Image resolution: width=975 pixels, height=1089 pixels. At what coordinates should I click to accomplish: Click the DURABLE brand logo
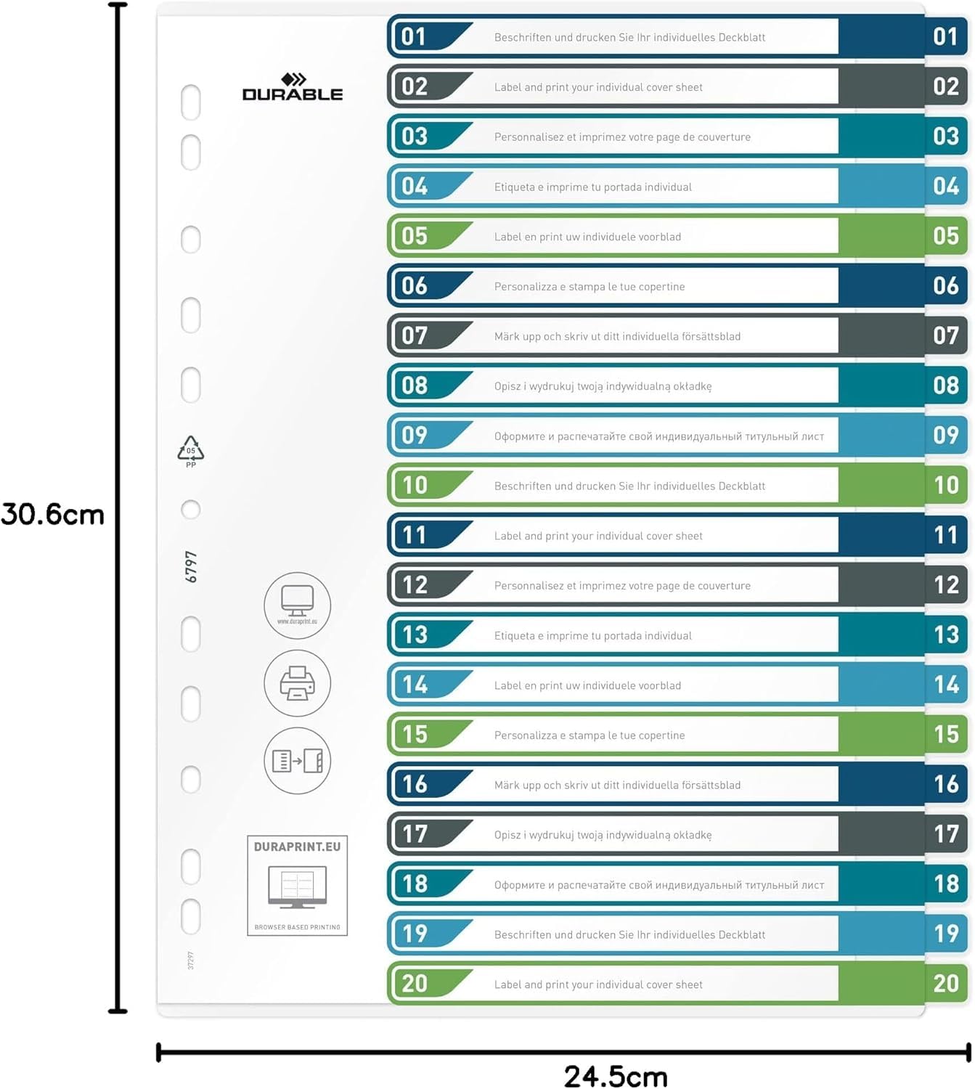tap(293, 88)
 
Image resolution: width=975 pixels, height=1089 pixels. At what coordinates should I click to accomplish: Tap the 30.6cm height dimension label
tap(53, 515)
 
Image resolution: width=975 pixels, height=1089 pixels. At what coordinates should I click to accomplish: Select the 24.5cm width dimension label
tap(616, 1076)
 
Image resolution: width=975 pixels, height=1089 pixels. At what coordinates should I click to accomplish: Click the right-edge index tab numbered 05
tap(946, 236)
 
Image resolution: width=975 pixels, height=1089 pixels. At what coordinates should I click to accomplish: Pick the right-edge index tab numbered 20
tap(946, 984)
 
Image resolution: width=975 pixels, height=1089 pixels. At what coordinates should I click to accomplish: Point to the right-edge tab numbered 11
tap(946, 536)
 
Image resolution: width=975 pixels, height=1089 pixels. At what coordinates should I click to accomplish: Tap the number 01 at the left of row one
tap(414, 37)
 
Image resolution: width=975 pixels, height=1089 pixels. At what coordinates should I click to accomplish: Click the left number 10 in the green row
tap(415, 486)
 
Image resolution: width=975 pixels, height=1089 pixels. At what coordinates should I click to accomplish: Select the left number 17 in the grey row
tap(415, 834)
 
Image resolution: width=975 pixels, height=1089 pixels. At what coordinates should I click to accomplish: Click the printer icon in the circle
tap(297, 683)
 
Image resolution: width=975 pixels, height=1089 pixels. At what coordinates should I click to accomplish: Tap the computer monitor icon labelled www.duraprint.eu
tap(297, 605)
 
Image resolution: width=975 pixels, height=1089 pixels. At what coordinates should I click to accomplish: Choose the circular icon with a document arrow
tap(297, 761)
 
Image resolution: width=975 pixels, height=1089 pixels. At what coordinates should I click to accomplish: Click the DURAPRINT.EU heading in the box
tap(297, 847)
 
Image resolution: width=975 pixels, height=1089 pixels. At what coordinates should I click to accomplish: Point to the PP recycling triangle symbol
tap(191, 451)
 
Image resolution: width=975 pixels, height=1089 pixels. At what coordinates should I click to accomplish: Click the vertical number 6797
tap(191, 567)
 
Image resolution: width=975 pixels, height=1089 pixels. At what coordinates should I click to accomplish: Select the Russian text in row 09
tap(658, 436)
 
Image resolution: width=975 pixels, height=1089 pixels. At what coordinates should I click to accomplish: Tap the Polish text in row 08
tap(603, 386)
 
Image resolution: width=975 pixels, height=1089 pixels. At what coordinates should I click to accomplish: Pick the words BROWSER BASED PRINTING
tap(297, 927)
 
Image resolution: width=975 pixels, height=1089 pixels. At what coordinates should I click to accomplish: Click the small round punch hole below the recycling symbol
tap(191, 510)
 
